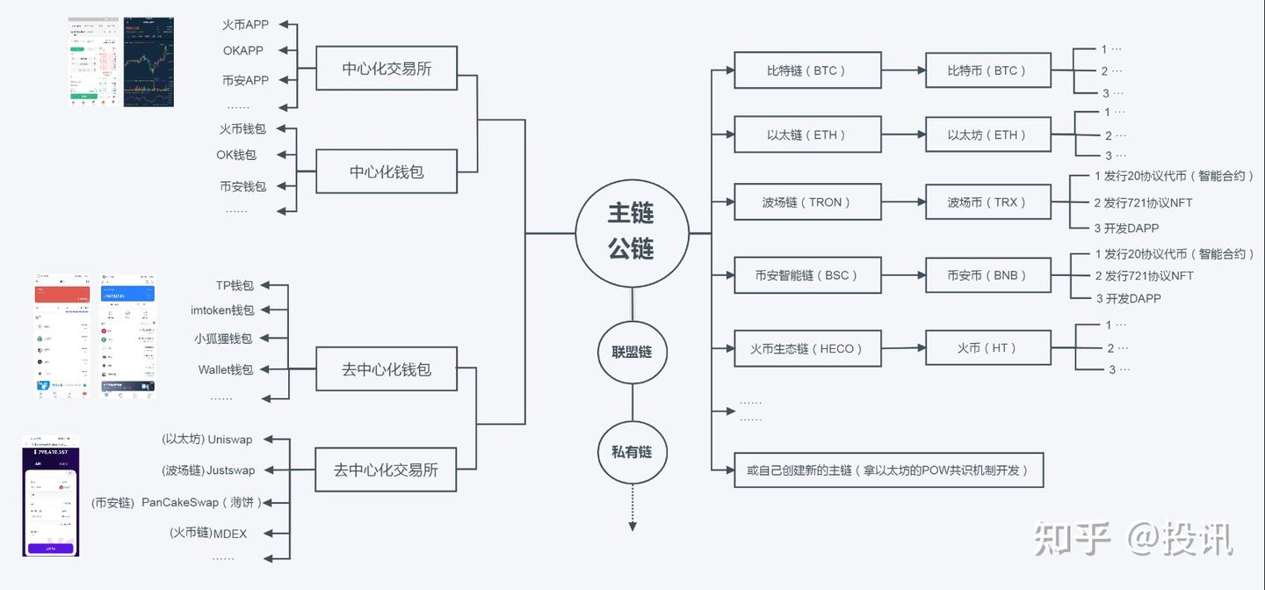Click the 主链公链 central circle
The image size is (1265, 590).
tap(631, 233)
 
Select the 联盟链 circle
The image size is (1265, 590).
tap(632, 352)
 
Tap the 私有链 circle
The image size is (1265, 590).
tap(632, 452)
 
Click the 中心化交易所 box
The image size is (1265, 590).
tap(387, 69)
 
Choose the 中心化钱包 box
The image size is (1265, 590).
tap(387, 171)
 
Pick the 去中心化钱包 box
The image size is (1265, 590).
tap(387, 369)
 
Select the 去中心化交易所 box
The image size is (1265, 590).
tap(386, 470)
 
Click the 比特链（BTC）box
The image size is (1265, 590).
tap(807, 70)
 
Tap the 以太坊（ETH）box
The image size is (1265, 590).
tap(987, 135)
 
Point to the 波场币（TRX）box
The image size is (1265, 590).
tap(987, 202)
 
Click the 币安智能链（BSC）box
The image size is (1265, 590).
tap(807, 275)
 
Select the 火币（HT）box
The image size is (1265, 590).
tap(987, 348)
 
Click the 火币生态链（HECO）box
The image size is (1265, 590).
tap(807, 348)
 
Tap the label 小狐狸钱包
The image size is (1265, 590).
tap(223, 339)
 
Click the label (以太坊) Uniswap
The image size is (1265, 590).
tap(207, 440)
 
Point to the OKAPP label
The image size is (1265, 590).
tap(243, 51)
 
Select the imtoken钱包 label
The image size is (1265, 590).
tap(222, 310)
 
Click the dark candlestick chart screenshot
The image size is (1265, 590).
tap(148, 62)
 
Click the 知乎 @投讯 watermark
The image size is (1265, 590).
tap(1133, 538)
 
